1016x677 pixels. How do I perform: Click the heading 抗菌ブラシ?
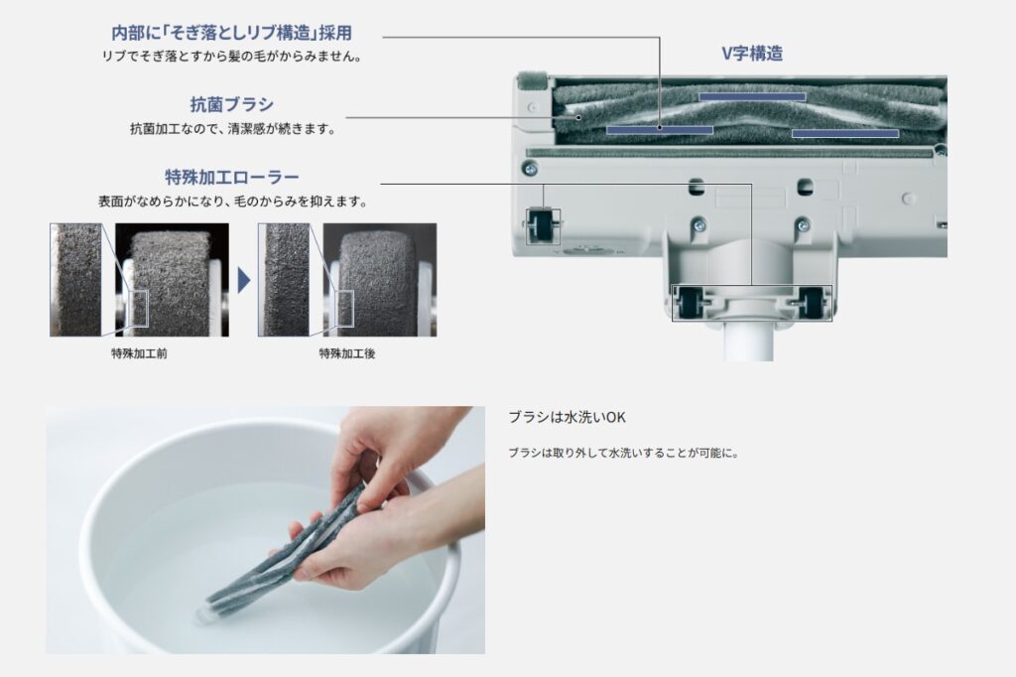[231, 104]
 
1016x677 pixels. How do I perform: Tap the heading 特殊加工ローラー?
[232, 177]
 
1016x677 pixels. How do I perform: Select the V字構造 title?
[752, 54]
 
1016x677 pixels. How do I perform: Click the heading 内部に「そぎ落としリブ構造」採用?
[232, 33]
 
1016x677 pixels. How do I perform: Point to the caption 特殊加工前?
[139, 353]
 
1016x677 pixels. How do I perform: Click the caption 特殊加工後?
[347, 353]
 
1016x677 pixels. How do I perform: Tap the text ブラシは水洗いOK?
[567, 418]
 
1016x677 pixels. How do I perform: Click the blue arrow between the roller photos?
[244, 281]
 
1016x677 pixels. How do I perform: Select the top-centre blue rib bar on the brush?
[752, 96]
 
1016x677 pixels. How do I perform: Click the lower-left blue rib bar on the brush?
[660, 130]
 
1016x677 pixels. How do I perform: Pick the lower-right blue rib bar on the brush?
[845, 133]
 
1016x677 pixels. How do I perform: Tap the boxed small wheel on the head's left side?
[543, 225]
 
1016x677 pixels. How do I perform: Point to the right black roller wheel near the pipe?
[812, 302]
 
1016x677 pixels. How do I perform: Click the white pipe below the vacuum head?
[749, 338]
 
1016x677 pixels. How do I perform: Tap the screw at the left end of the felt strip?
[530, 169]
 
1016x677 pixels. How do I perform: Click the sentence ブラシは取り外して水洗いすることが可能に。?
[623, 453]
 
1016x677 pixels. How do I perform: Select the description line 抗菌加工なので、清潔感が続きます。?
[233, 129]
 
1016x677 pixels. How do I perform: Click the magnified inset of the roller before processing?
[75, 280]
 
